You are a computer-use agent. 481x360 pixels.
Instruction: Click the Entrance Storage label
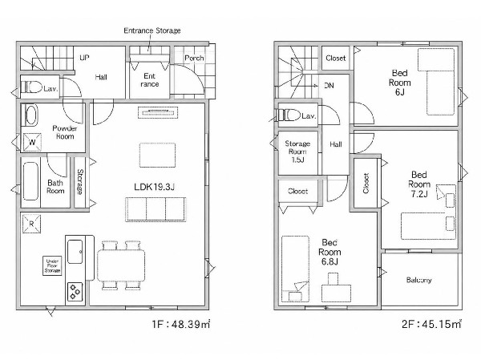pos(152,30)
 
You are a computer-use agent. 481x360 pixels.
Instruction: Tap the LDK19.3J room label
pos(154,187)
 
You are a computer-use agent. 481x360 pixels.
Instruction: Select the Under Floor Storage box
pos(52,265)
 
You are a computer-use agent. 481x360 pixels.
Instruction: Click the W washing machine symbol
pos(32,142)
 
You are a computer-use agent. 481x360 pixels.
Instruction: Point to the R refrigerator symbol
pos(31,224)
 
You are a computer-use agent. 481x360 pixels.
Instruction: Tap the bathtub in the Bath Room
pos(30,181)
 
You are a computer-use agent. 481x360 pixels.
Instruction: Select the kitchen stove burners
pos(75,292)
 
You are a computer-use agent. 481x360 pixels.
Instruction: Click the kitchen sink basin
pos(75,252)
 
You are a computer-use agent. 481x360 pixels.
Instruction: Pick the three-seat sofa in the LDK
pos(156,209)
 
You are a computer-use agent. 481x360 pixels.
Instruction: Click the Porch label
pos(194,58)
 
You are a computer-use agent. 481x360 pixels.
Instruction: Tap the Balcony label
pos(418,280)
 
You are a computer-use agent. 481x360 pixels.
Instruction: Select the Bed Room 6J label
pos(400,83)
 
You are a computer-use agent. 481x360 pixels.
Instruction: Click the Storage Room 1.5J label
pos(297,152)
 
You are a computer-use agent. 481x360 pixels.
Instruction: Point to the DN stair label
pos(329,86)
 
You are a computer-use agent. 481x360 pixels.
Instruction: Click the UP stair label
pos(84,58)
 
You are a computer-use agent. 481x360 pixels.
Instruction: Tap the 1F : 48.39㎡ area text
pos(180,324)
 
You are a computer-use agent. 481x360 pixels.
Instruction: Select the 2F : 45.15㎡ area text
pos(431,324)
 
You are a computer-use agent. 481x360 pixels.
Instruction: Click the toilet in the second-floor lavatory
pos(289,115)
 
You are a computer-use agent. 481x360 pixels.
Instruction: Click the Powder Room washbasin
pos(31,115)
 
